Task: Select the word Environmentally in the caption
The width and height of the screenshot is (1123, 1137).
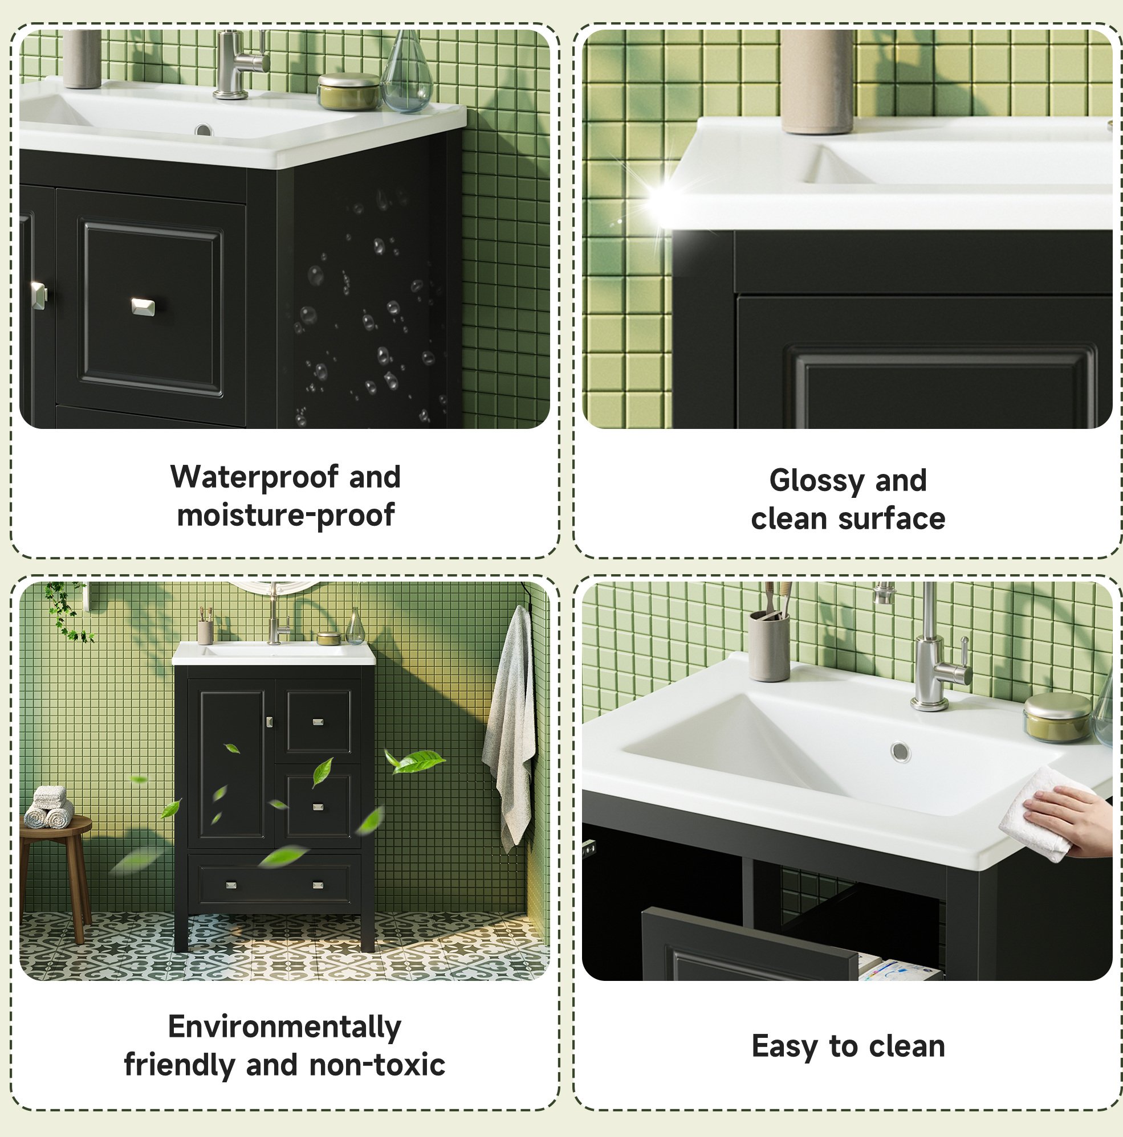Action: pos(284,1028)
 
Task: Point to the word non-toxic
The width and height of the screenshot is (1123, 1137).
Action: pos(377,1065)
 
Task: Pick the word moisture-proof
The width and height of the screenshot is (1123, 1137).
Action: pos(286,516)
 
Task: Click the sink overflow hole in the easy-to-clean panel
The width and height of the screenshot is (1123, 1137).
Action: pos(900,751)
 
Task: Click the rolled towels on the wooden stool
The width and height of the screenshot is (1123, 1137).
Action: pos(49,807)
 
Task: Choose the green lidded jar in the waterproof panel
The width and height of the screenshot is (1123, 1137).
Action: pos(349,91)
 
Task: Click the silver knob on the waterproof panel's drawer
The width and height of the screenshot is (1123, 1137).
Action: pos(143,306)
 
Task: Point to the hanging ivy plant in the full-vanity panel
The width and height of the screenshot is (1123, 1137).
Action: pos(66,611)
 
